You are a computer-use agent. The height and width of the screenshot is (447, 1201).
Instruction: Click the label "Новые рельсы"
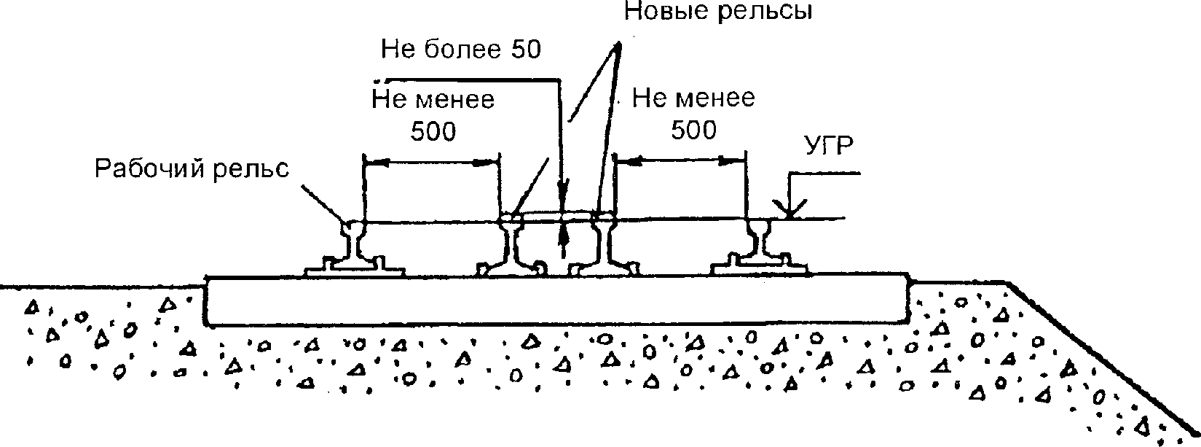coord(718,12)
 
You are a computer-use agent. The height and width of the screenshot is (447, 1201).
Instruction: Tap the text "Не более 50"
coord(462,49)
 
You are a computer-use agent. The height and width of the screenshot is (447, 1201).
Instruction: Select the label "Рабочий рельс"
coord(192,168)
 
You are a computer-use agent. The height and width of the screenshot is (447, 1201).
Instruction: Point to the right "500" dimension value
coord(693,130)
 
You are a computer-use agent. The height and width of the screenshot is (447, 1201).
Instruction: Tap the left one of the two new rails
coord(513,248)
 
